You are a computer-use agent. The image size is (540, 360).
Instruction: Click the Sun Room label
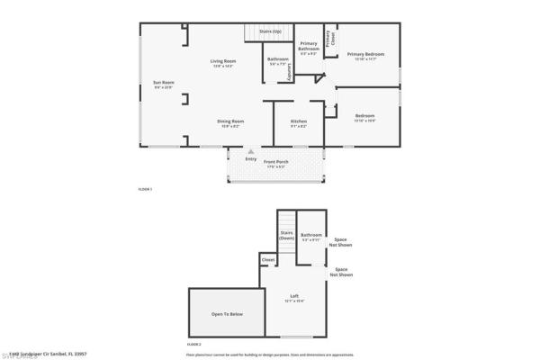[163, 83]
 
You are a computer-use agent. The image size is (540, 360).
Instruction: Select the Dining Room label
[230, 122]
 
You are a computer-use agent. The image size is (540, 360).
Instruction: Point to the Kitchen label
[298, 122]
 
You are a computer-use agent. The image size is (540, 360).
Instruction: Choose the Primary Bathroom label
[309, 45]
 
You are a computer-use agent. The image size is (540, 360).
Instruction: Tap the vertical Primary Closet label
[329, 37]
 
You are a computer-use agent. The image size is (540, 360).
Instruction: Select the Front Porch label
[274, 163]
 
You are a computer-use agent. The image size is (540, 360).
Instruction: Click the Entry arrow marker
[238, 153]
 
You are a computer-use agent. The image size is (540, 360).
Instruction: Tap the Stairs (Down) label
[286, 236]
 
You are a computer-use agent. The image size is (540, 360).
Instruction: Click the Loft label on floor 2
[293, 298]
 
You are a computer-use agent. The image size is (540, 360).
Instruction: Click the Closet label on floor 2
[268, 260]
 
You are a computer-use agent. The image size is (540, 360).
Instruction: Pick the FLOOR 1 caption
[145, 189]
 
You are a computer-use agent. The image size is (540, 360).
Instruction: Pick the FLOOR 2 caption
[193, 345]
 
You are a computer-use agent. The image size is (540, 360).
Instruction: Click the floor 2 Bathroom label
[311, 236]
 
